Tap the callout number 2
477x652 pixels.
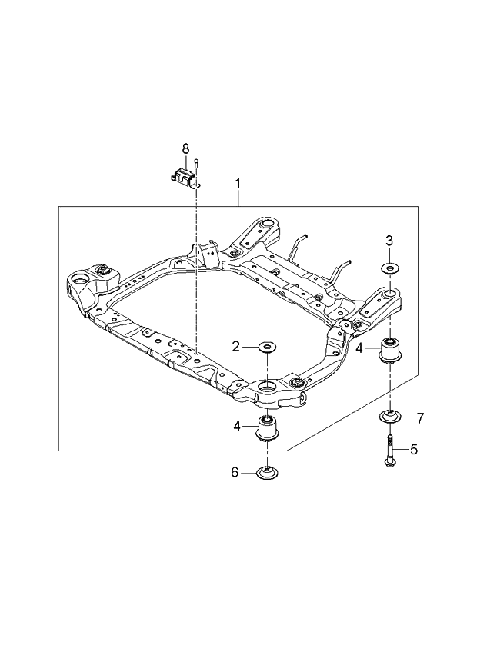click(237, 347)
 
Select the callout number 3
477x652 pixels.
click(389, 241)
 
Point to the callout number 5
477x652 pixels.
click(414, 449)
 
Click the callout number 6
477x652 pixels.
click(235, 473)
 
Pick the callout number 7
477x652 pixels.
click(420, 418)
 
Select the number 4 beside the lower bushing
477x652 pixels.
click(239, 424)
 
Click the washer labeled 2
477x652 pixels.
click(266, 347)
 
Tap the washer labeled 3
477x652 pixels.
click(389, 268)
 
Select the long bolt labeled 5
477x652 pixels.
click(390, 451)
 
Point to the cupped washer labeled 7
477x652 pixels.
click(391, 418)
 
